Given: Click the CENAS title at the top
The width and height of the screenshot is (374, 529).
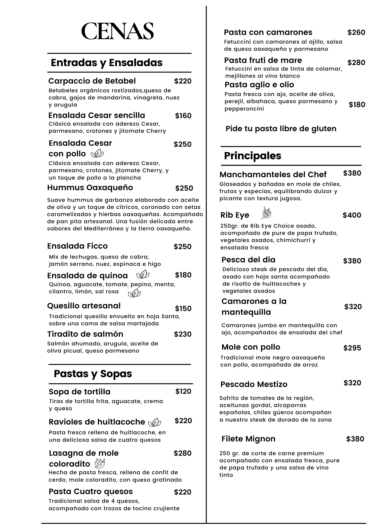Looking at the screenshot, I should tap(117, 31).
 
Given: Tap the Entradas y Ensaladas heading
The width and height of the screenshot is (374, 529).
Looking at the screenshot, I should tap(107, 63).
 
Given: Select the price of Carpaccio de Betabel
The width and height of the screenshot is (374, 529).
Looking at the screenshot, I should tap(183, 81).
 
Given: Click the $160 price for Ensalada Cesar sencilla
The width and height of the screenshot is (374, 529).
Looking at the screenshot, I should tap(183, 116).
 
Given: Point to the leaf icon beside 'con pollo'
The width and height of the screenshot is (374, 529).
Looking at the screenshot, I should tap(97, 153).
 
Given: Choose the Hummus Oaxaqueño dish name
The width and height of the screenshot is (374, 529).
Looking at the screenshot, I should tap(90, 188).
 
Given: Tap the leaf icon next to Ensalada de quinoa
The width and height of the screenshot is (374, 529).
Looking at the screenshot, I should tap(143, 275).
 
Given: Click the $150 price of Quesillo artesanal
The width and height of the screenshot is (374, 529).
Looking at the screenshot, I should tap(183, 308).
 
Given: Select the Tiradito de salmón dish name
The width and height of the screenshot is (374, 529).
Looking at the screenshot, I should tap(85, 334).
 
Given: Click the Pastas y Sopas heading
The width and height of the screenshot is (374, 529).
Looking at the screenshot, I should tap(93, 374).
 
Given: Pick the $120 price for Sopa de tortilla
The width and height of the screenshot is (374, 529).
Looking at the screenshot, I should tap(183, 391).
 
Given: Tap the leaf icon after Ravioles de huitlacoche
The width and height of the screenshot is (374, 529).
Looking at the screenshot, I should tap(154, 422).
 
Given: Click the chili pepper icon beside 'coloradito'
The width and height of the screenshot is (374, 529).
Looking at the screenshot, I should tap(100, 463).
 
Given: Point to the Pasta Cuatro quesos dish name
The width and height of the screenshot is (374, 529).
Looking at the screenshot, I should tap(91, 491).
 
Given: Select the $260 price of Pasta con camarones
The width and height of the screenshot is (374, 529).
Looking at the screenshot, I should tap(356, 32).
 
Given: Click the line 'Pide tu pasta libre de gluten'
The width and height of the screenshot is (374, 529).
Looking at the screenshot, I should tap(281, 129).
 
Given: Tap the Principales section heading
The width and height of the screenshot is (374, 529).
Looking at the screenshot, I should tap(253, 156).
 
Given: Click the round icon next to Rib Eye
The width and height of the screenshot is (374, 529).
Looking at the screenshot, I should tap(266, 213).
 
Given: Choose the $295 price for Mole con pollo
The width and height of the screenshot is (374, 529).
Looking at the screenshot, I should tap(352, 348).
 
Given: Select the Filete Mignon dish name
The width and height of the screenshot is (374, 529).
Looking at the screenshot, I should tap(248, 439).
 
